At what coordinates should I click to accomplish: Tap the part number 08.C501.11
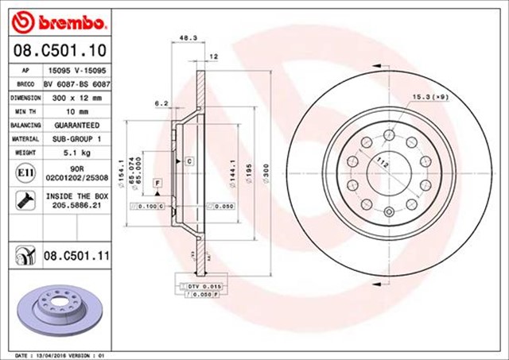click(76, 257)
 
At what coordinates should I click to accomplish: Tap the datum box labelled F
click(158, 184)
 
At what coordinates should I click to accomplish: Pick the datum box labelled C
click(191, 162)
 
